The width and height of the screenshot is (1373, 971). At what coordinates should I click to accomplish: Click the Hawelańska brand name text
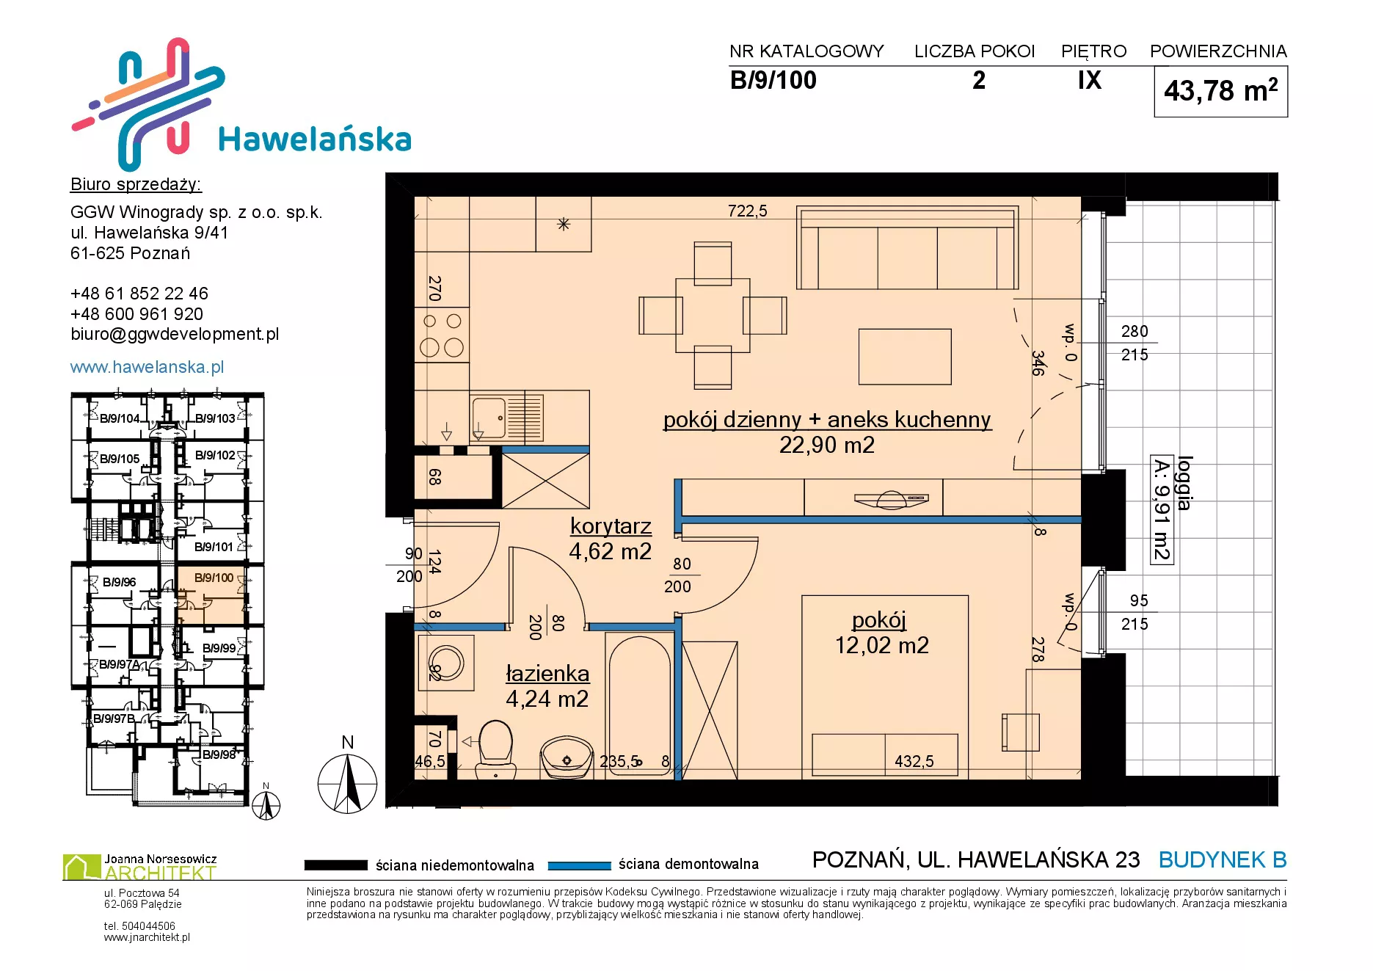click(315, 139)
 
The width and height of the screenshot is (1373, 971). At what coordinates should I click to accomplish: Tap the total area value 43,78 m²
click(1220, 91)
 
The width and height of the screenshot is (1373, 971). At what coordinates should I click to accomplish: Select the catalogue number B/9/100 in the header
click(773, 80)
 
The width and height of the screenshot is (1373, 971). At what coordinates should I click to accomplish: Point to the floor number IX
click(1090, 80)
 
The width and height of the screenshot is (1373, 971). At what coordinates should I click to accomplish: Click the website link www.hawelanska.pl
click(147, 367)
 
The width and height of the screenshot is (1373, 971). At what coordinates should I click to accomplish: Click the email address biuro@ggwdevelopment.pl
click(175, 334)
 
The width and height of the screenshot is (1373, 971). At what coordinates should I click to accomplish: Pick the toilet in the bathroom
click(496, 749)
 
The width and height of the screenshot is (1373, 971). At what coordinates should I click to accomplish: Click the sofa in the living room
click(908, 248)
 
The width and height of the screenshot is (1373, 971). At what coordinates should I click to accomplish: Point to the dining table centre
click(713, 315)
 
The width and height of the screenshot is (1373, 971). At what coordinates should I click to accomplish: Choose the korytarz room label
click(611, 526)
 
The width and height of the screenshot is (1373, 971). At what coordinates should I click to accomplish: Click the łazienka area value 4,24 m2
click(547, 699)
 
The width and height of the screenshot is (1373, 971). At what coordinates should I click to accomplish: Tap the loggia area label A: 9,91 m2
click(1162, 510)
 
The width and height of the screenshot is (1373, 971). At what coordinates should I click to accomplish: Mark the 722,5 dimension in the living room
click(747, 211)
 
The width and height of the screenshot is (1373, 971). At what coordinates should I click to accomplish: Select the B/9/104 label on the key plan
click(120, 418)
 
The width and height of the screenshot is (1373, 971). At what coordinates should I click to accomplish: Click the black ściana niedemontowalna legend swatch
click(336, 865)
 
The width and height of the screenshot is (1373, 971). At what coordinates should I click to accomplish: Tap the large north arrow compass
click(347, 784)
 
